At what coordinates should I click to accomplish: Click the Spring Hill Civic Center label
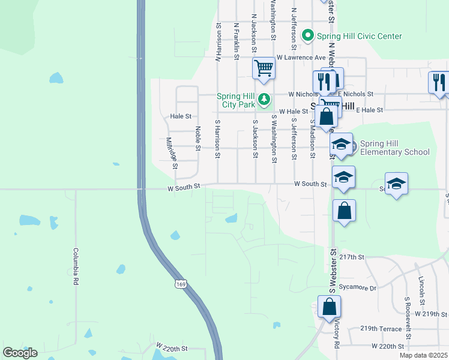point(360,36)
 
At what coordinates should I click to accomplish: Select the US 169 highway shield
point(180,283)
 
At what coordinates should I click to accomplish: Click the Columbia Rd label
point(76,266)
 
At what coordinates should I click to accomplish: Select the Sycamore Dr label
point(357,287)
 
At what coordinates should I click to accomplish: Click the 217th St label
point(352,257)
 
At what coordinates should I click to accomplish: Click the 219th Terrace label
point(381,329)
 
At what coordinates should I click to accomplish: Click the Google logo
point(20,353)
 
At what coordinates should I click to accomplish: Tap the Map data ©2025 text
point(423,355)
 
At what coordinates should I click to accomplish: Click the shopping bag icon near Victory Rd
point(330,307)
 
